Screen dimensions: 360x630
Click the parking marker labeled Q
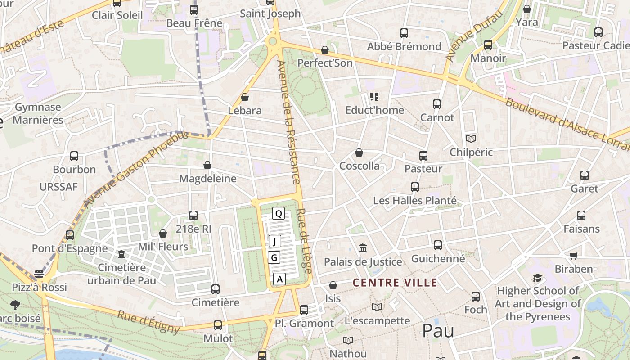tap(279, 213)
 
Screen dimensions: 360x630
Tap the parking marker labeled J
tap(275, 241)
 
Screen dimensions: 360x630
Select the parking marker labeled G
tap(274, 257)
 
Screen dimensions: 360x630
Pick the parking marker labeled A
tap(279, 279)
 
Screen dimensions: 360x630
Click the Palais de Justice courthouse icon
tap(363, 248)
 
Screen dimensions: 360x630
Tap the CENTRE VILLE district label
tap(395, 283)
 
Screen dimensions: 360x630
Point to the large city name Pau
tap(438, 331)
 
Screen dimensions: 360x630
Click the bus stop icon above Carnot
tap(436, 104)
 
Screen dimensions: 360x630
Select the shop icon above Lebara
tap(245, 97)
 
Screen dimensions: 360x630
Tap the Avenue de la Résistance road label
tap(288, 122)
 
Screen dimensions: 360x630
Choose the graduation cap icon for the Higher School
tap(537, 278)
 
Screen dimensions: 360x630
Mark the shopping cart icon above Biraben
tap(573, 256)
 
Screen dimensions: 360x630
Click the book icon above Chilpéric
tap(471, 139)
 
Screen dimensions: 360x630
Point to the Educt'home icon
tap(374, 96)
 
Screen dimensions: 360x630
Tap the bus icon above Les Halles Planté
tap(415, 187)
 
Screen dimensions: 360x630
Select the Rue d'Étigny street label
tap(148, 321)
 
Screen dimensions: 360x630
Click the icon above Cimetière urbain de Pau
tap(121, 254)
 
